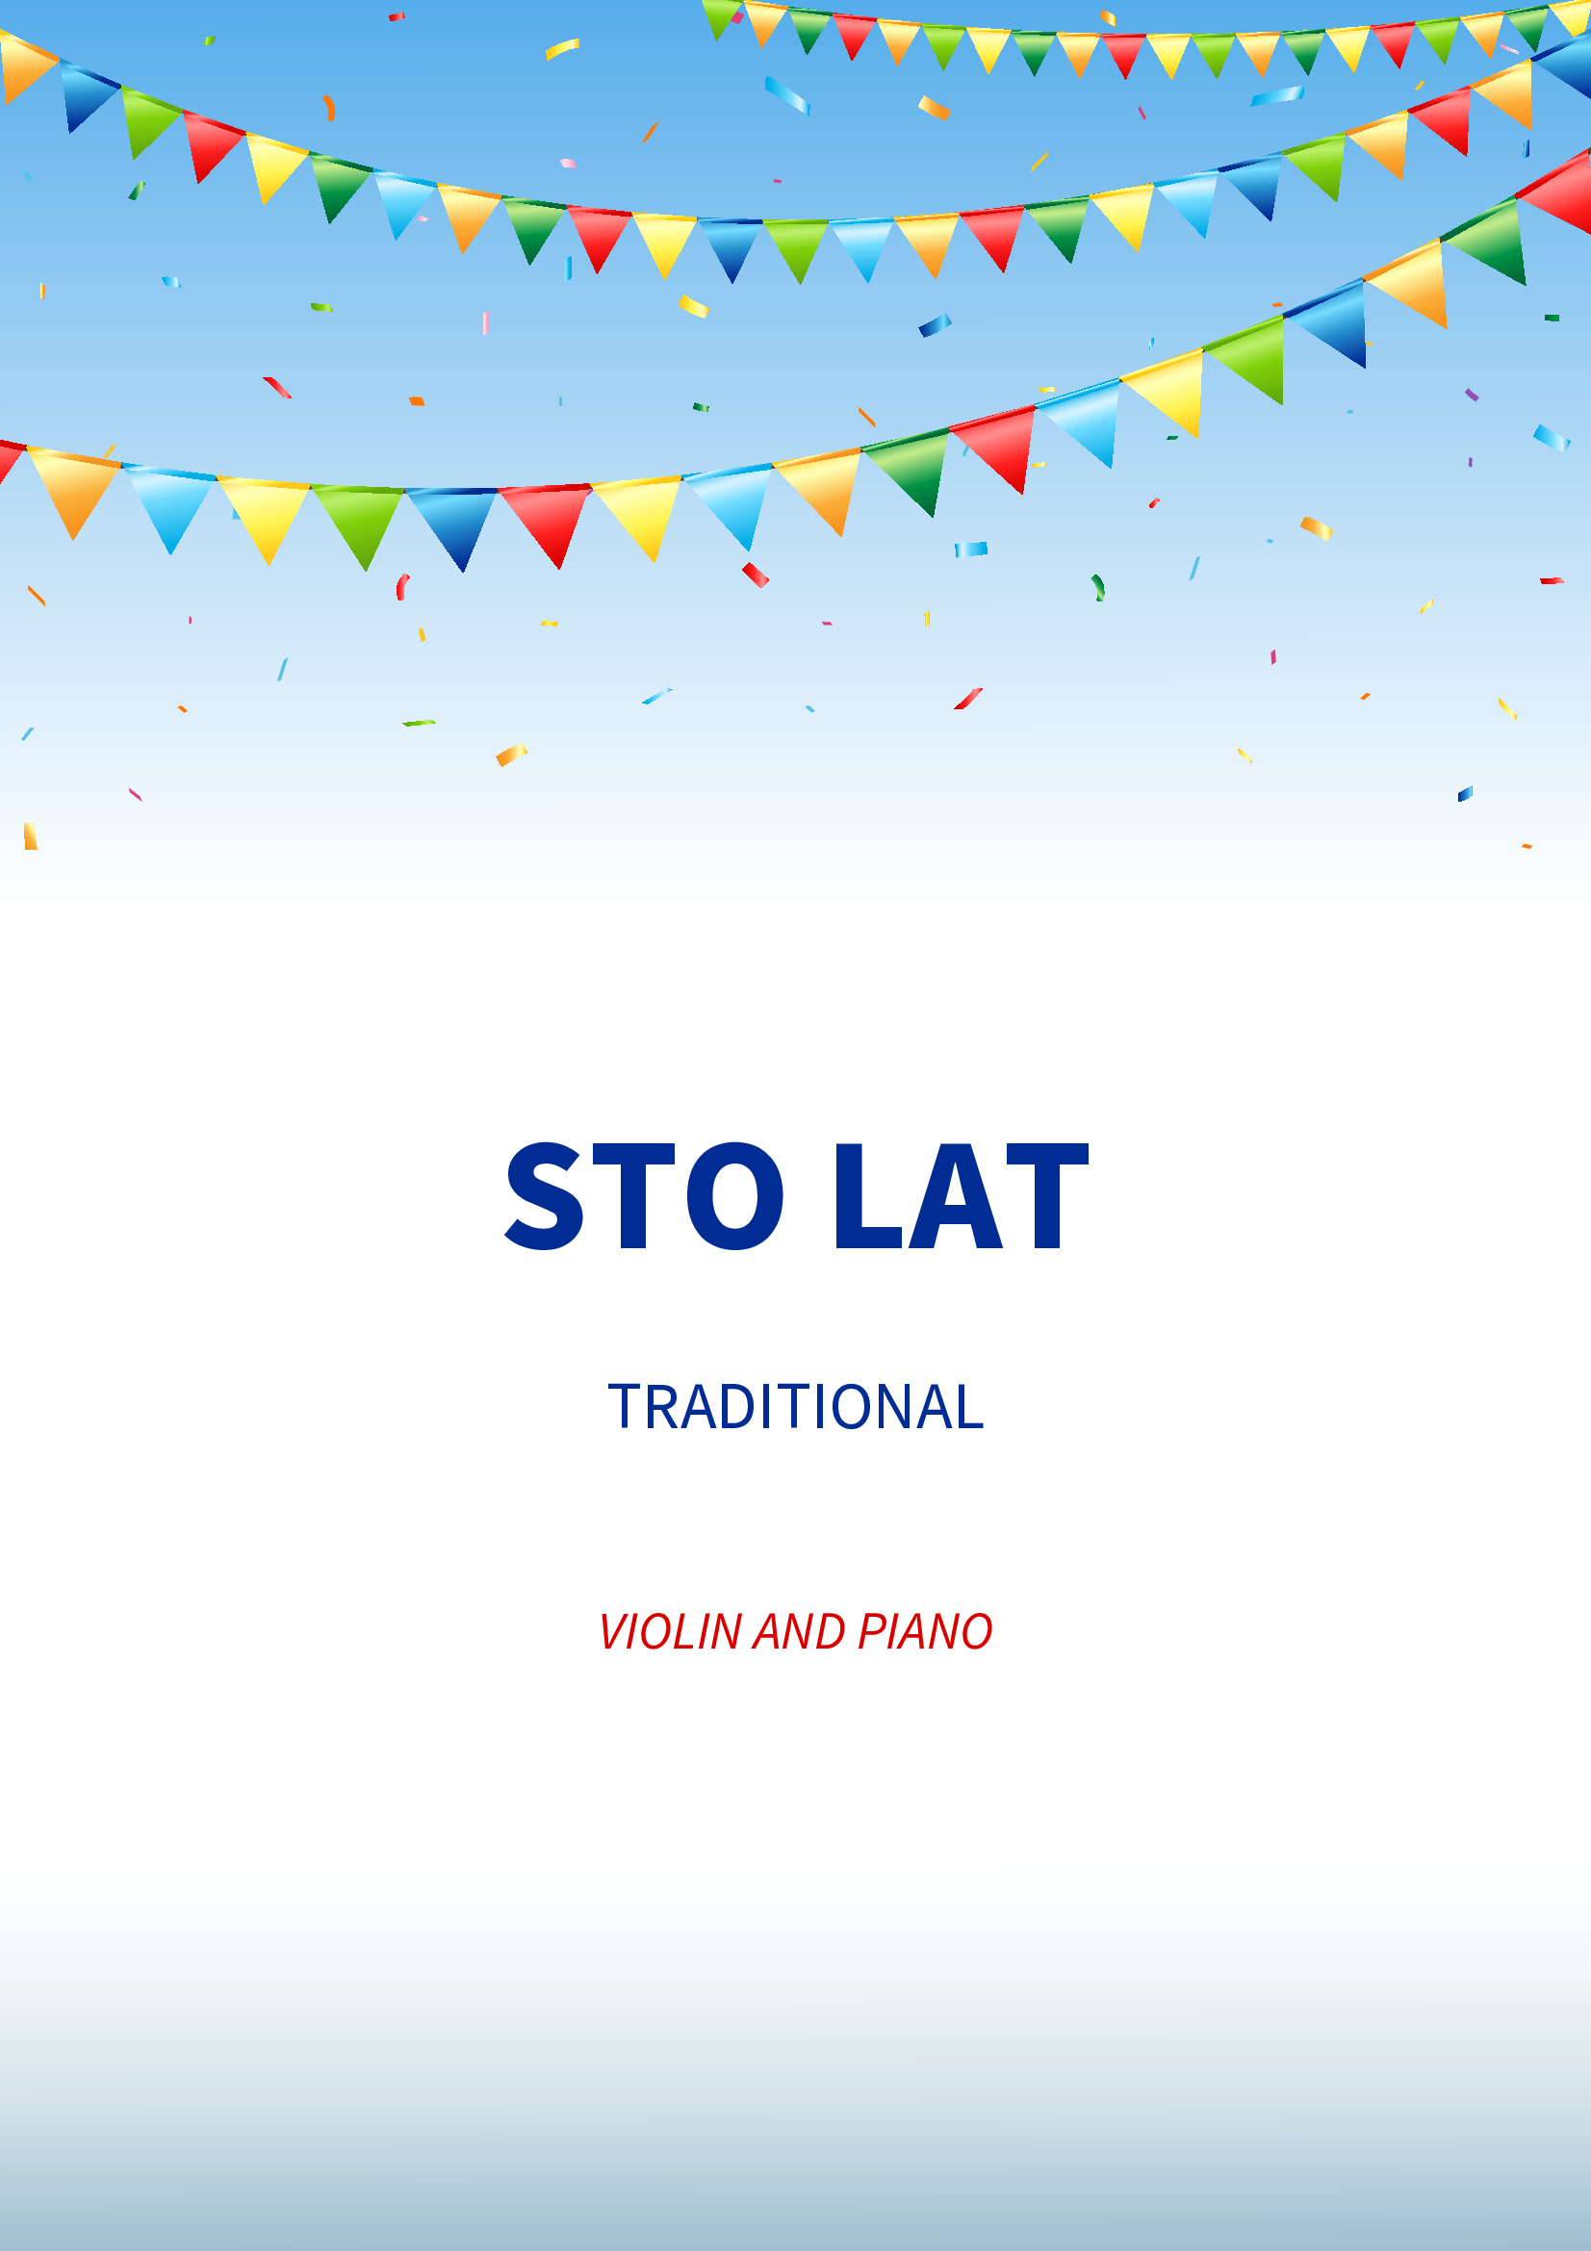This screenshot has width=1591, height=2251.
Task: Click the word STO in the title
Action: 643,1196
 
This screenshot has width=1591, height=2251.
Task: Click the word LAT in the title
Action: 961,1196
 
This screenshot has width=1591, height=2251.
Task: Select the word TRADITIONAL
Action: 795,1407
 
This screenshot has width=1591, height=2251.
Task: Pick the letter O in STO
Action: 735,1196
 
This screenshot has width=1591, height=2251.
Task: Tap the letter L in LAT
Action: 867,1196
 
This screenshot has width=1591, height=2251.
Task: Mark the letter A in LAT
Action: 956,1196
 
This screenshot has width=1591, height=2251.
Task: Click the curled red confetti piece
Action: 401,586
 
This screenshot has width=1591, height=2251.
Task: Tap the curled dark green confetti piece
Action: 1099,587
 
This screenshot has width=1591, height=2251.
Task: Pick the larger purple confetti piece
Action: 1472,395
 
